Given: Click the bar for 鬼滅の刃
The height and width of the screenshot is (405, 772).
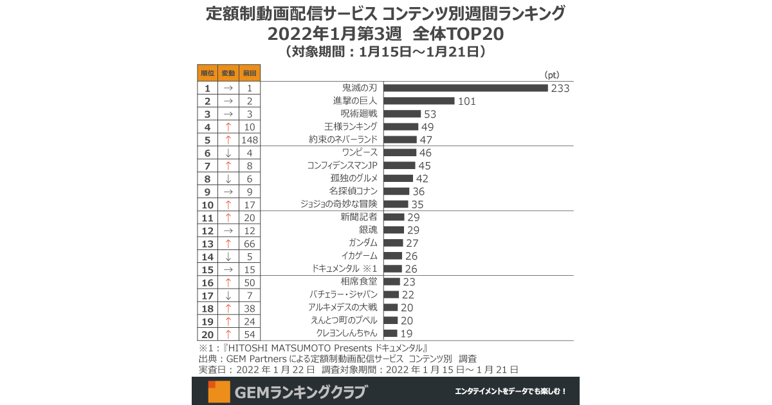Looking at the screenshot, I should (x=465, y=88).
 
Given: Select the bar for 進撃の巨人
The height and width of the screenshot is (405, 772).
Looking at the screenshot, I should (x=419, y=101).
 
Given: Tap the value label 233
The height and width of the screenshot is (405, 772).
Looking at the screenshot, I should (x=560, y=88).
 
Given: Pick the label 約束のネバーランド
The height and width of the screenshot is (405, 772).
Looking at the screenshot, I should (x=343, y=139).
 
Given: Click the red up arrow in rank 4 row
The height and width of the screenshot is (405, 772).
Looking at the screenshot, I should (x=228, y=127).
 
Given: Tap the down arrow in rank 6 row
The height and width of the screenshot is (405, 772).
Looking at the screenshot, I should (x=228, y=153).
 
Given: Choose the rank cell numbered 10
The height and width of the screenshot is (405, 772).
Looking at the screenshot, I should (x=207, y=204).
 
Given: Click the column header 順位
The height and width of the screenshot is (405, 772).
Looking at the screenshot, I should (x=207, y=73).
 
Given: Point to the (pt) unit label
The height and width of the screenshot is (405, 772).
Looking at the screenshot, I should (x=553, y=75).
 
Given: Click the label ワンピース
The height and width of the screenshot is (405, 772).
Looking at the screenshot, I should (x=360, y=153).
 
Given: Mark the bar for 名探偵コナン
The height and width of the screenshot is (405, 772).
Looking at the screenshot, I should (x=396, y=192).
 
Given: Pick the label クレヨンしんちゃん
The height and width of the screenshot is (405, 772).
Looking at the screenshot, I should (x=347, y=333).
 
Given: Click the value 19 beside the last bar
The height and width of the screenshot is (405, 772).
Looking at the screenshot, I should (x=407, y=333).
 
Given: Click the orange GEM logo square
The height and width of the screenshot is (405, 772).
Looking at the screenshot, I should (x=219, y=392).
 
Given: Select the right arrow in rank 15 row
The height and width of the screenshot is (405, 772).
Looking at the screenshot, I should (x=228, y=269).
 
